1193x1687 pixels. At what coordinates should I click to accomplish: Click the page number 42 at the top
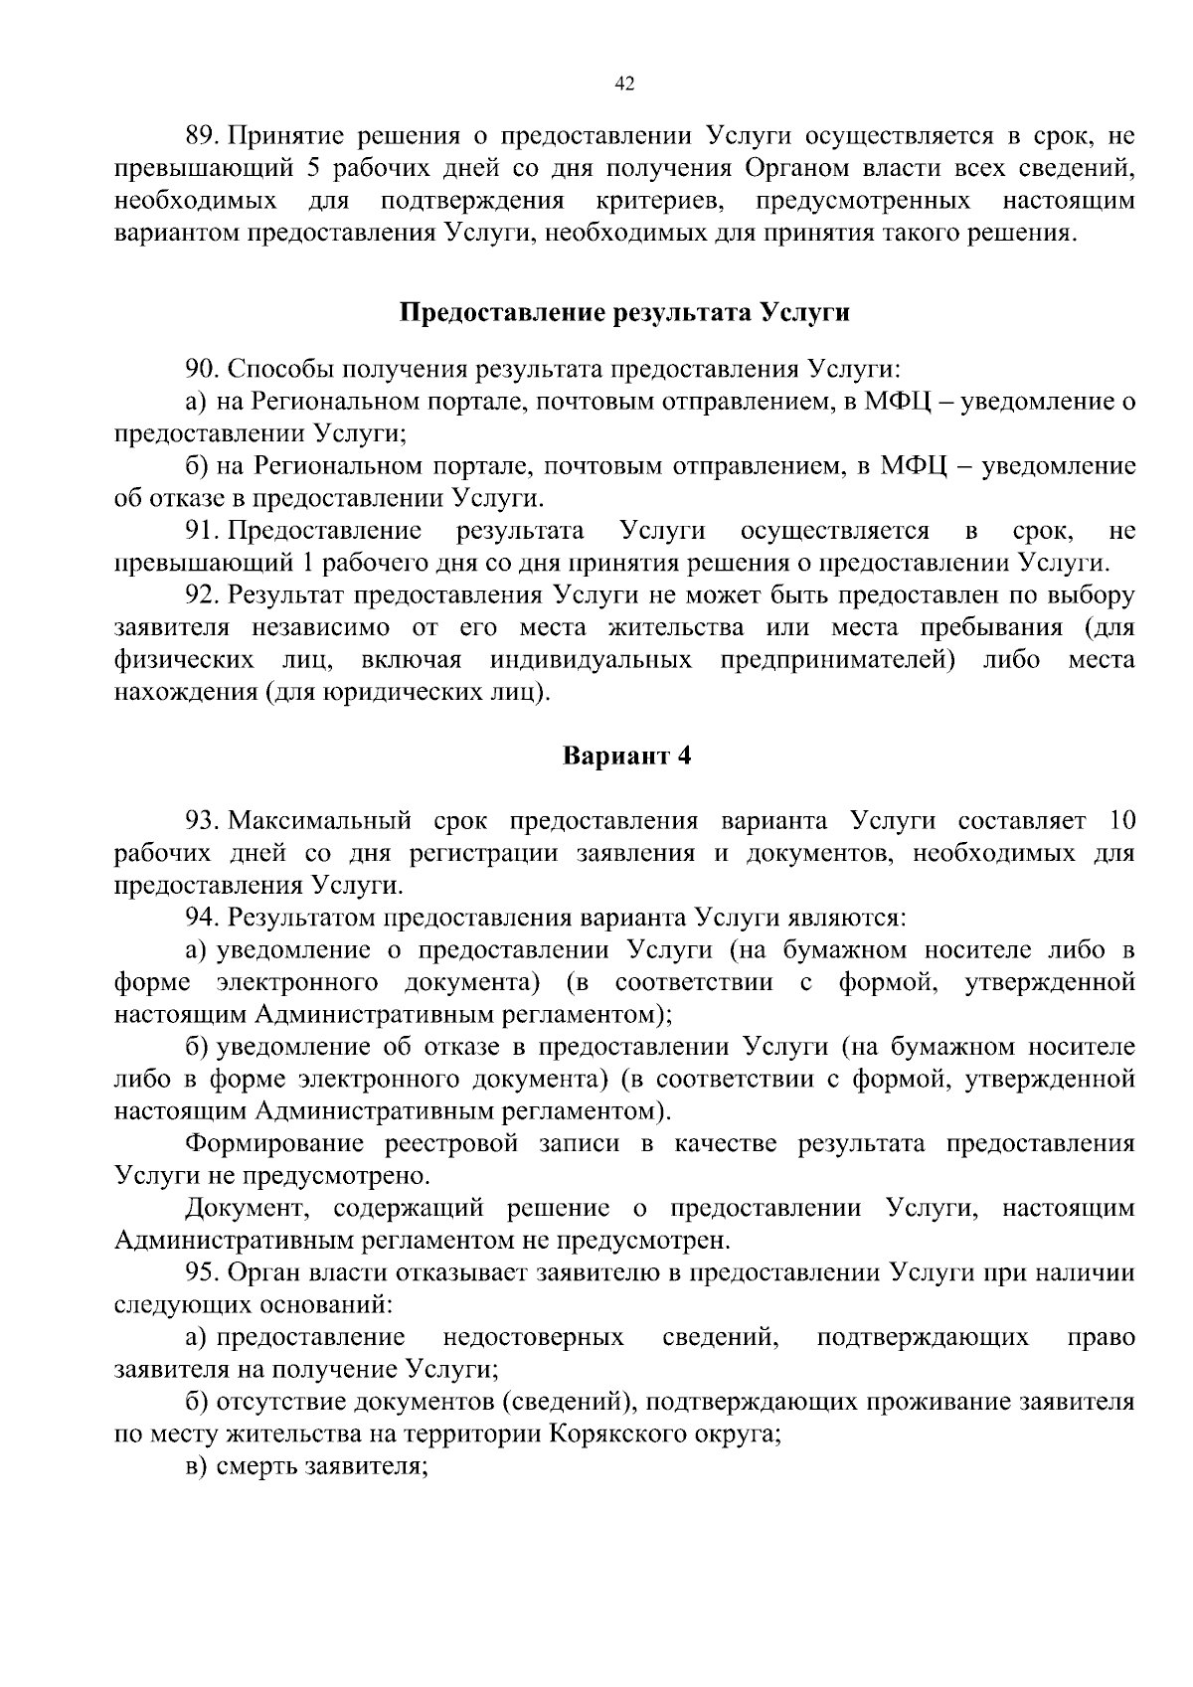tap(624, 84)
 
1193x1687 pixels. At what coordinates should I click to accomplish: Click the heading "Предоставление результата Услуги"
tap(624, 313)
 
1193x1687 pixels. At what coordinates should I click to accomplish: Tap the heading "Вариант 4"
tap(626, 757)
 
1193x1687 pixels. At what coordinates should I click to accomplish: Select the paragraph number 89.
tap(202, 136)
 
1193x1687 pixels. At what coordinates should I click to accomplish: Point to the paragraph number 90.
tap(202, 370)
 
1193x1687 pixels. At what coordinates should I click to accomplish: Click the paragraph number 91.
tap(202, 530)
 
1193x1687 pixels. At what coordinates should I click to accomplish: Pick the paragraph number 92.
tap(202, 595)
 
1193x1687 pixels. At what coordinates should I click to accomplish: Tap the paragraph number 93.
tap(202, 821)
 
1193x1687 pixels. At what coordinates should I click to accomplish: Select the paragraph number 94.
tap(202, 918)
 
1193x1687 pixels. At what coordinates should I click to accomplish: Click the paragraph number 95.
tap(202, 1273)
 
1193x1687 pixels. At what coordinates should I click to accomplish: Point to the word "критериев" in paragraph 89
tap(659, 202)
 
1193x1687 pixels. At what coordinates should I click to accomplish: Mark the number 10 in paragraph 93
tap(1119, 821)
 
